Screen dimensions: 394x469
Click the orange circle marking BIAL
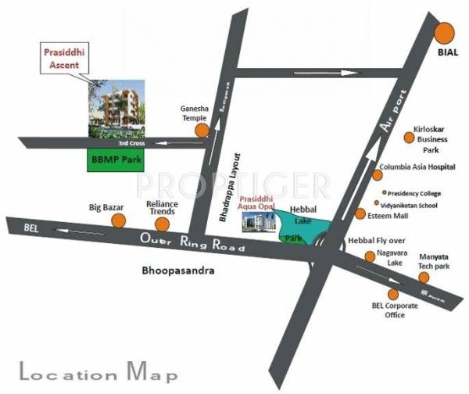446,34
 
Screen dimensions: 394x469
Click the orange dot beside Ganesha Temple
202,131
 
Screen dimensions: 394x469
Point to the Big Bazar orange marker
118,220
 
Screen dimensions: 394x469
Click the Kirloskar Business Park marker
408,138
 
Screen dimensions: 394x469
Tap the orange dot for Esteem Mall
360,213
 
